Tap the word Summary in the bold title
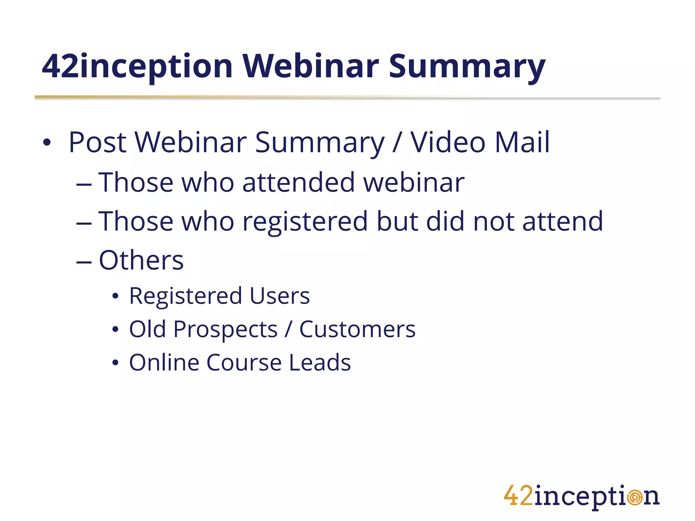(x=467, y=66)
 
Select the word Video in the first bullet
(x=448, y=142)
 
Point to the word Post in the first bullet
(x=98, y=142)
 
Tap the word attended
(x=298, y=182)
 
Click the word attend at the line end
(x=562, y=221)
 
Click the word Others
(x=141, y=260)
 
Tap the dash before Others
(x=84, y=263)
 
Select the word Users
(x=279, y=296)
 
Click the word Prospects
(x=225, y=329)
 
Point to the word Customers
(x=357, y=329)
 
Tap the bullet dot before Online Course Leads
(x=115, y=363)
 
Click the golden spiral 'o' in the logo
(x=635, y=498)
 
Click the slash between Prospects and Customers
(x=288, y=329)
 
